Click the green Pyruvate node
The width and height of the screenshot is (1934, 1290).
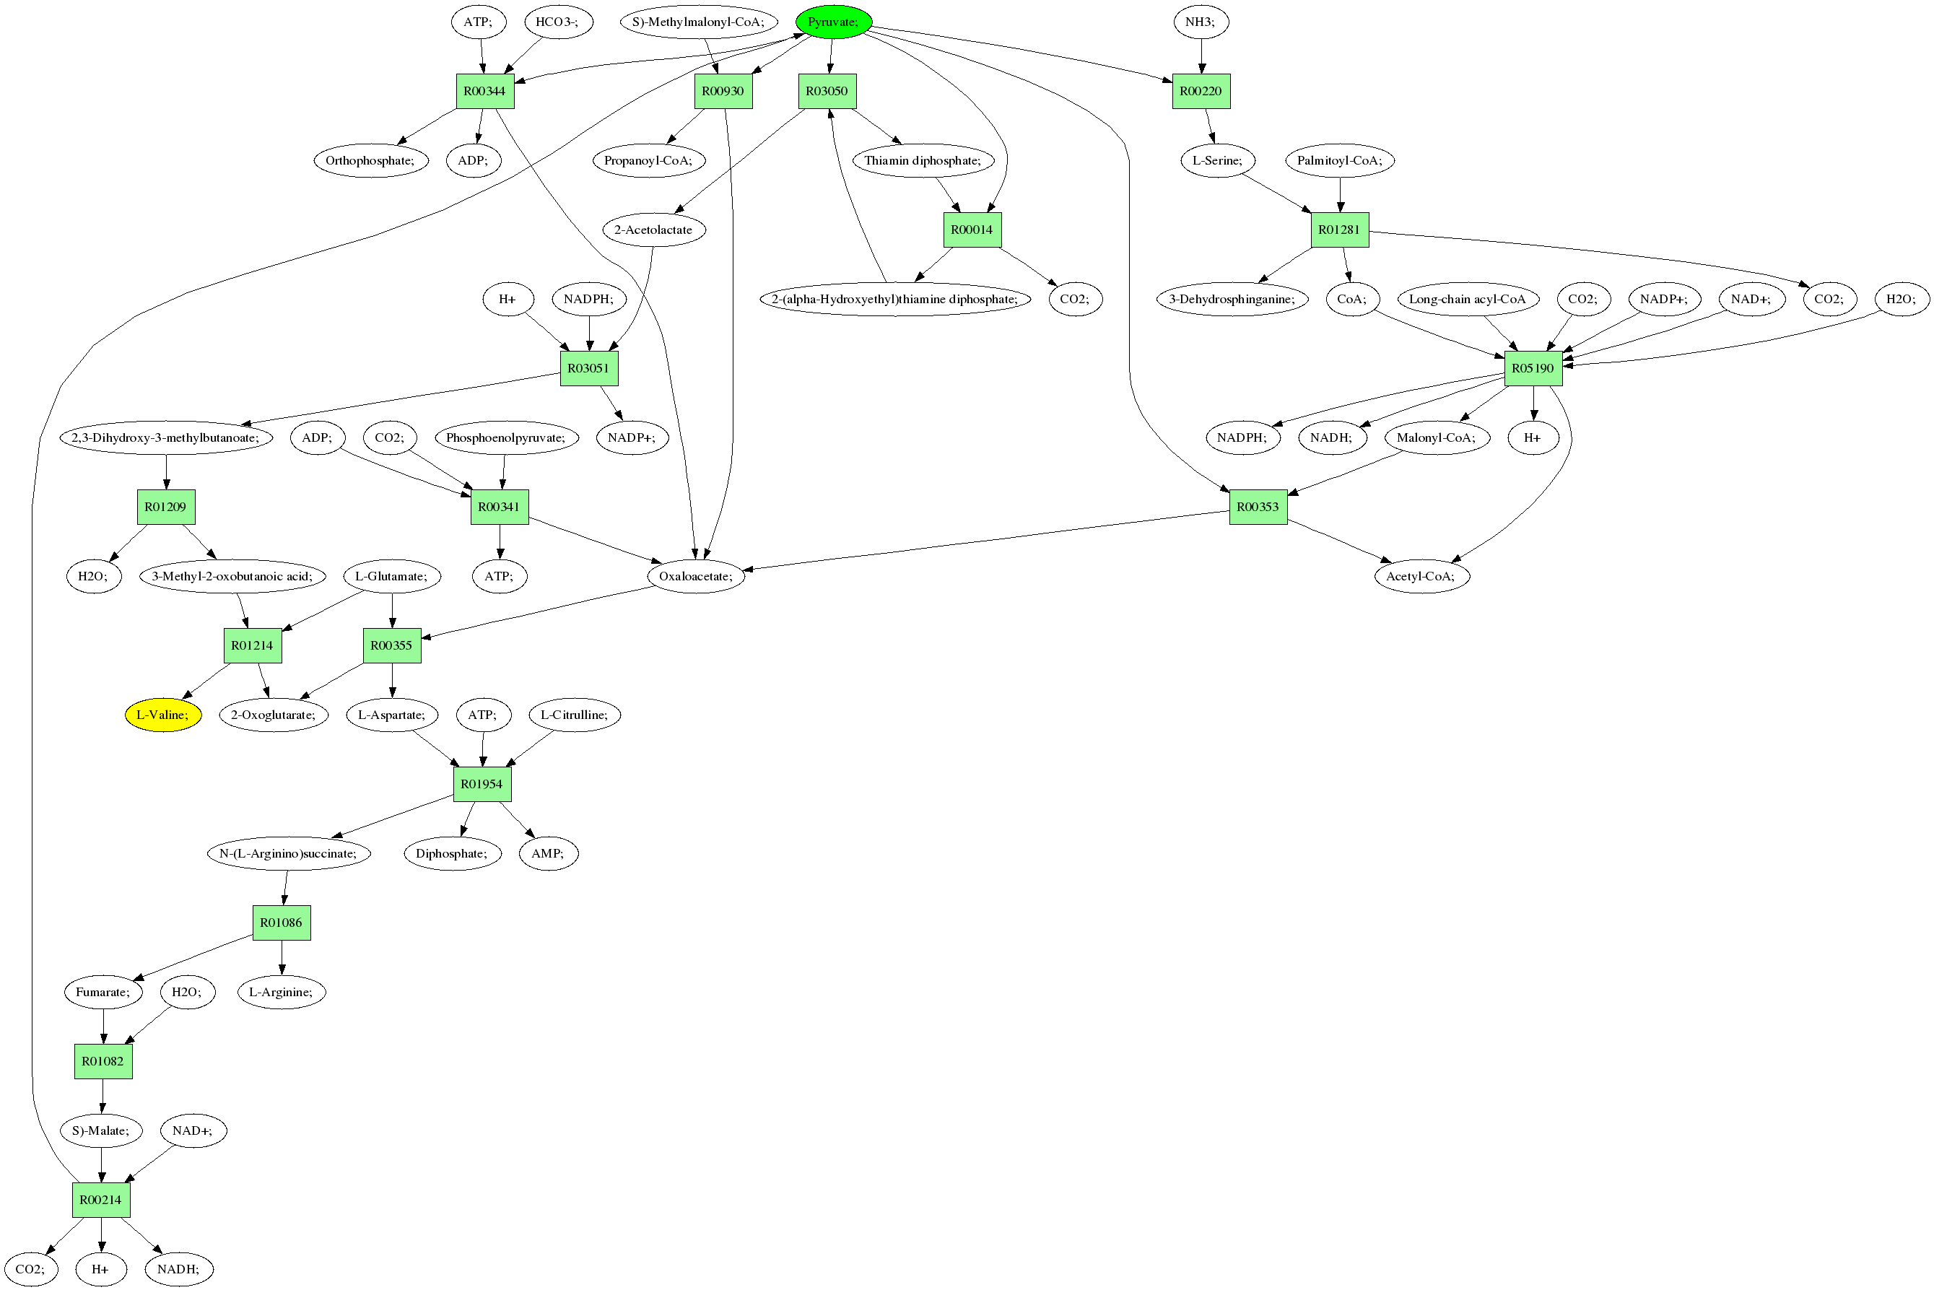pos(832,22)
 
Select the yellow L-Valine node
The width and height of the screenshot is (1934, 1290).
pos(163,715)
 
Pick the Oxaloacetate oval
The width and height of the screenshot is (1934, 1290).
pos(695,577)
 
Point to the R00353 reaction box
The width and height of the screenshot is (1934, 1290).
pos(1257,507)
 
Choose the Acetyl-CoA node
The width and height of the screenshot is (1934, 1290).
pos(1421,577)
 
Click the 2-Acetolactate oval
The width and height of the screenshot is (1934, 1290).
pos(653,230)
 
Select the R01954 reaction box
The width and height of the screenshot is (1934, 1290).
pos(482,784)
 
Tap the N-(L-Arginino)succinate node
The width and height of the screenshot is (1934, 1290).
pos(288,854)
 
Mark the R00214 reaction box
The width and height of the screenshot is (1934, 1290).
pos(100,1200)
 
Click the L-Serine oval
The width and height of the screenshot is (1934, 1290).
pos(1216,160)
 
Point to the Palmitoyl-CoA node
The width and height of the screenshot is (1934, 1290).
pos(1339,160)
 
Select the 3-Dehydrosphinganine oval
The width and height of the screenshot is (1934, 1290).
pos(1232,300)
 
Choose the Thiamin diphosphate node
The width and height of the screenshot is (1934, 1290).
pos(922,160)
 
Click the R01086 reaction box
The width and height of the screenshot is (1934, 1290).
pos(281,923)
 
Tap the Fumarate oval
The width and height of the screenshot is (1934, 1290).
pos(103,992)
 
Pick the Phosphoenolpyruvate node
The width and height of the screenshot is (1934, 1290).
pos(505,437)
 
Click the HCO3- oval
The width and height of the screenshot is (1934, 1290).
pos(557,22)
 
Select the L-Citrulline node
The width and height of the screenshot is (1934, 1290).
pos(574,715)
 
